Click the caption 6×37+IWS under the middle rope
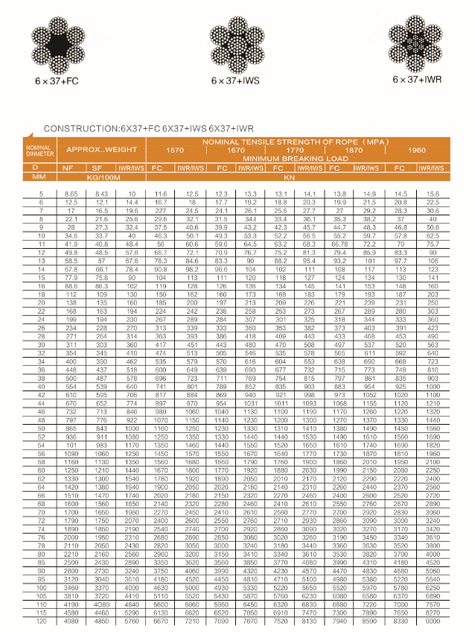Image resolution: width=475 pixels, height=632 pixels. pyautogui.click(x=235, y=80)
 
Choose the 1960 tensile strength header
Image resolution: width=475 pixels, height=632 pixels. pyautogui.click(x=417, y=151)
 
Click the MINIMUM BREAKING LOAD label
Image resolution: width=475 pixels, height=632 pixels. pyautogui.click(x=296, y=159)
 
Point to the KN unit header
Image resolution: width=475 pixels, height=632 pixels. pyautogui.click(x=296, y=178)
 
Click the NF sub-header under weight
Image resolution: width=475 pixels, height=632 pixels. pyautogui.click(x=71, y=168)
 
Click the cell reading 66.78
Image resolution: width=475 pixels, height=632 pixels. pyautogui.click(x=339, y=244)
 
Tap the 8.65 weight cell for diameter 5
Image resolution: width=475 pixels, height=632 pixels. pyautogui.click(x=71, y=194)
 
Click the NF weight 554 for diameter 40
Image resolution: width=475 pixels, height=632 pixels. pyautogui.click(x=71, y=387)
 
